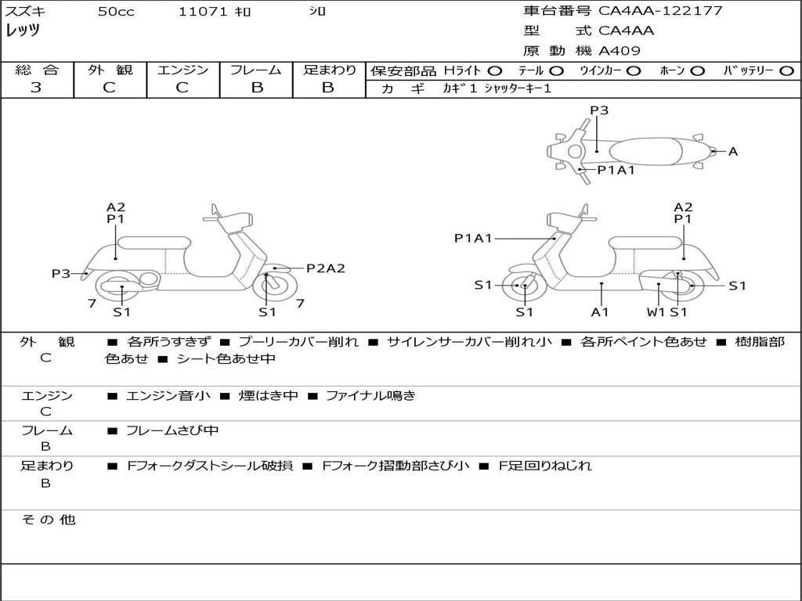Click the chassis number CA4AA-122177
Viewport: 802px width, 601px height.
660,11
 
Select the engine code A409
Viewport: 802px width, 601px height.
620,51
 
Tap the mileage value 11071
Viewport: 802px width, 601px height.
203,12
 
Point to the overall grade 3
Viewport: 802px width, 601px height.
36,88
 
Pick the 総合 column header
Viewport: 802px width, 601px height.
37,70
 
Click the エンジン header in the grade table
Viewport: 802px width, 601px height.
182,70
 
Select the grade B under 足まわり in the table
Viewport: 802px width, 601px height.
328,88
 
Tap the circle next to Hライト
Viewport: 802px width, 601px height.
495,70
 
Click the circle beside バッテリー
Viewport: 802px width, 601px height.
786,70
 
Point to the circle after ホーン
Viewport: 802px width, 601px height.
697,70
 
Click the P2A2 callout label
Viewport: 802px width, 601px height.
325,268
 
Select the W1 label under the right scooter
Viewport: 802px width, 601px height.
656,312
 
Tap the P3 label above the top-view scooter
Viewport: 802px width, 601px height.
599,110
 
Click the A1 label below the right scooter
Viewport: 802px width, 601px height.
600,312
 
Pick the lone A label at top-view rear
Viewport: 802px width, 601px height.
733,152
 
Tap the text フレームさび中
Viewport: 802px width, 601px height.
172,430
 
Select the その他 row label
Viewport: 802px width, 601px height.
48,520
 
